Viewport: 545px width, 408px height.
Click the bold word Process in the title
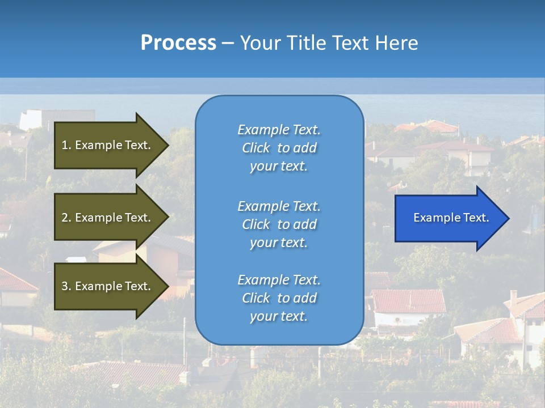pos(178,43)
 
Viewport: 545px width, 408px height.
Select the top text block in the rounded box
pos(279,148)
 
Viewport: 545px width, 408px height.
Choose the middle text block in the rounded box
pos(279,224)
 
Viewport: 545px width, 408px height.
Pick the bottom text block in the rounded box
pos(279,298)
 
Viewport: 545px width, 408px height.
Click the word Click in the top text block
pos(256,148)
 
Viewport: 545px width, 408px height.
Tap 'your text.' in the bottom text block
pos(279,316)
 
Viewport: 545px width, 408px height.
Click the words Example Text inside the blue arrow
pos(451,218)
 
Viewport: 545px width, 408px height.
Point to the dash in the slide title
pos(228,44)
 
